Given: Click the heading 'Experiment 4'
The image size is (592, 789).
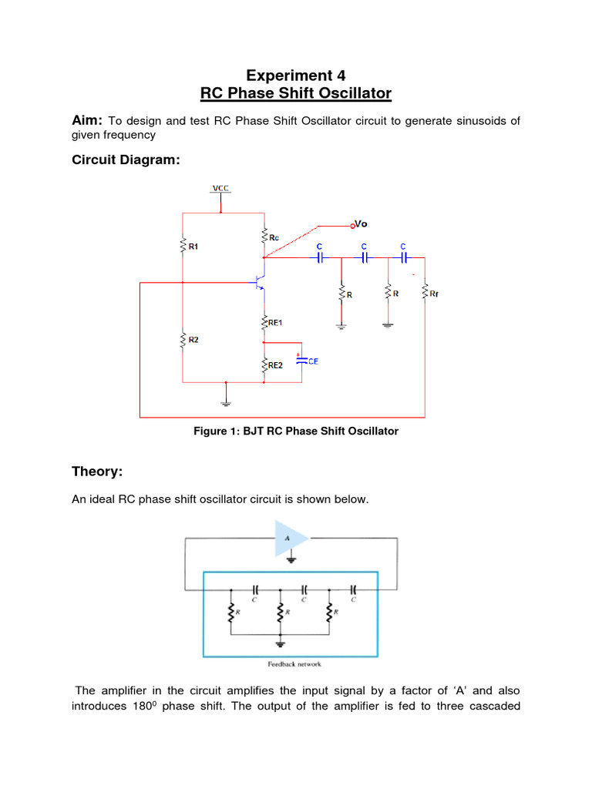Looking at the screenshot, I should [x=296, y=76].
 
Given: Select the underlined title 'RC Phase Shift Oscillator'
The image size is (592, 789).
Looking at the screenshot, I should [x=296, y=94].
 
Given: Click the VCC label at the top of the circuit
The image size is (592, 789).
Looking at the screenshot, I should [x=220, y=188].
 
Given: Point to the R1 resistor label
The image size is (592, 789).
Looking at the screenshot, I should [x=193, y=247].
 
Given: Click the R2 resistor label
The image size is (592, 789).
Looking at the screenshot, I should [x=193, y=339].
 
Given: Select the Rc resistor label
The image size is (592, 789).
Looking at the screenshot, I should [x=274, y=239].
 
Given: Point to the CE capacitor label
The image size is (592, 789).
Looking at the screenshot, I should [x=313, y=361].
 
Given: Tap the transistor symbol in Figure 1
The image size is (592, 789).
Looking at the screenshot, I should [x=261, y=283].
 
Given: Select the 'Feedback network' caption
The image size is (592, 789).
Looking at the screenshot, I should [x=290, y=663].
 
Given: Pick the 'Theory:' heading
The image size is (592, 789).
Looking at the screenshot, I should [x=97, y=472].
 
